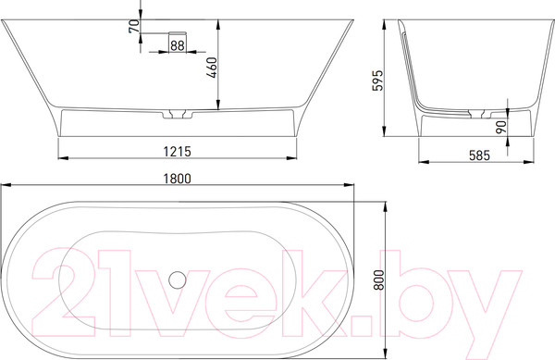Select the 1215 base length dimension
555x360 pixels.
(x=178, y=148)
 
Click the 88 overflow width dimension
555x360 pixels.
(x=177, y=43)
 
